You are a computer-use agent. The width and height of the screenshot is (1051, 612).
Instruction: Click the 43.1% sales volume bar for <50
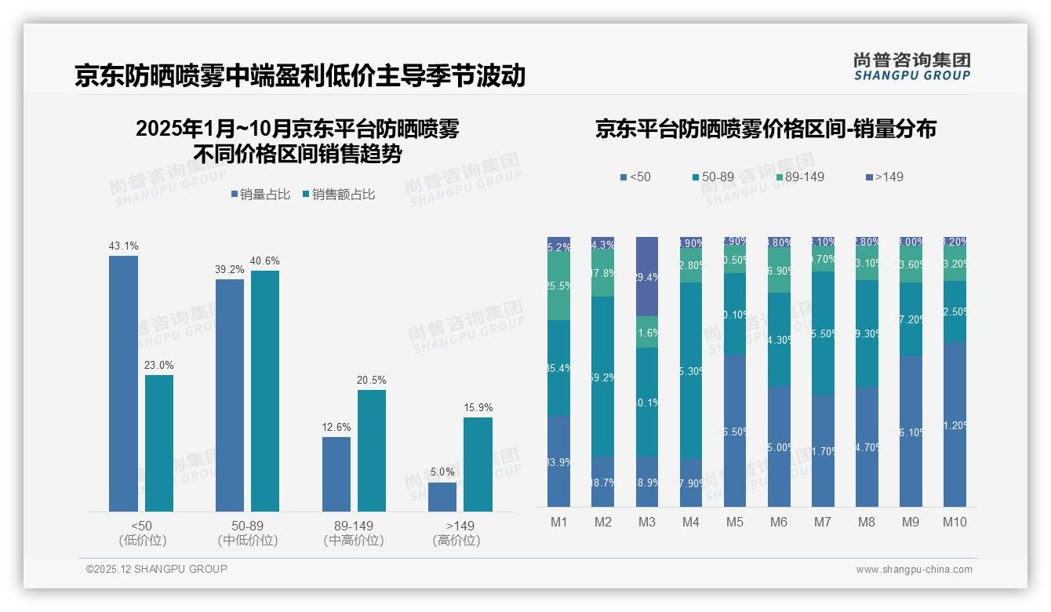[x=123, y=384]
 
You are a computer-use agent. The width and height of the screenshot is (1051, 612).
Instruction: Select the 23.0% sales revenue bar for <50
[x=159, y=443]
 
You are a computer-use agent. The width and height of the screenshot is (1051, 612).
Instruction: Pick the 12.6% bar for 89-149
[x=336, y=474]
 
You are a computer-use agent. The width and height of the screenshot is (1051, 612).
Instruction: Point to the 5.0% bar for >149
[x=442, y=497]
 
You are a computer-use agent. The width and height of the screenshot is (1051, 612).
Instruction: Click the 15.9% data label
[x=478, y=408]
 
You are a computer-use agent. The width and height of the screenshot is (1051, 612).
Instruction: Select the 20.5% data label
[x=372, y=381]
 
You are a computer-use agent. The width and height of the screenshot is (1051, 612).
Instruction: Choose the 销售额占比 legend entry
[x=338, y=195]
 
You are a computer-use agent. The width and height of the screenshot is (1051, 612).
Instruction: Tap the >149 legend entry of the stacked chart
[x=883, y=177]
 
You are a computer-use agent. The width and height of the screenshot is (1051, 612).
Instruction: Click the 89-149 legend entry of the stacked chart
[x=799, y=177]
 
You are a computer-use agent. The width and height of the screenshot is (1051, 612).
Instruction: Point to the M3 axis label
[x=647, y=523]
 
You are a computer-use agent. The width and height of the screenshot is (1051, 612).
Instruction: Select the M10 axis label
[x=955, y=523]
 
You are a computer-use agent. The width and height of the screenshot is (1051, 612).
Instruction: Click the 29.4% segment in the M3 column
[x=647, y=276]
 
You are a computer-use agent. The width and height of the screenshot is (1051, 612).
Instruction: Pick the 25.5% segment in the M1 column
[x=559, y=286]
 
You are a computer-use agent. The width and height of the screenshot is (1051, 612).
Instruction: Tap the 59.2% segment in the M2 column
[x=603, y=377]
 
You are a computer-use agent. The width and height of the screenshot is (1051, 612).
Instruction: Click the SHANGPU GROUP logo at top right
[x=911, y=67]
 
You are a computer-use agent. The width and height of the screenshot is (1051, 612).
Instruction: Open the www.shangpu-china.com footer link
[x=914, y=570]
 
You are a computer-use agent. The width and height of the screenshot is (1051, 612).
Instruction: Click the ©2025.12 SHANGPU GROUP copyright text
[x=157, y=570]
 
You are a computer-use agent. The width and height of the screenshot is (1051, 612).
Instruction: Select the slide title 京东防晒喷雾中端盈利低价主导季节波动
[x=300, y=76]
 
